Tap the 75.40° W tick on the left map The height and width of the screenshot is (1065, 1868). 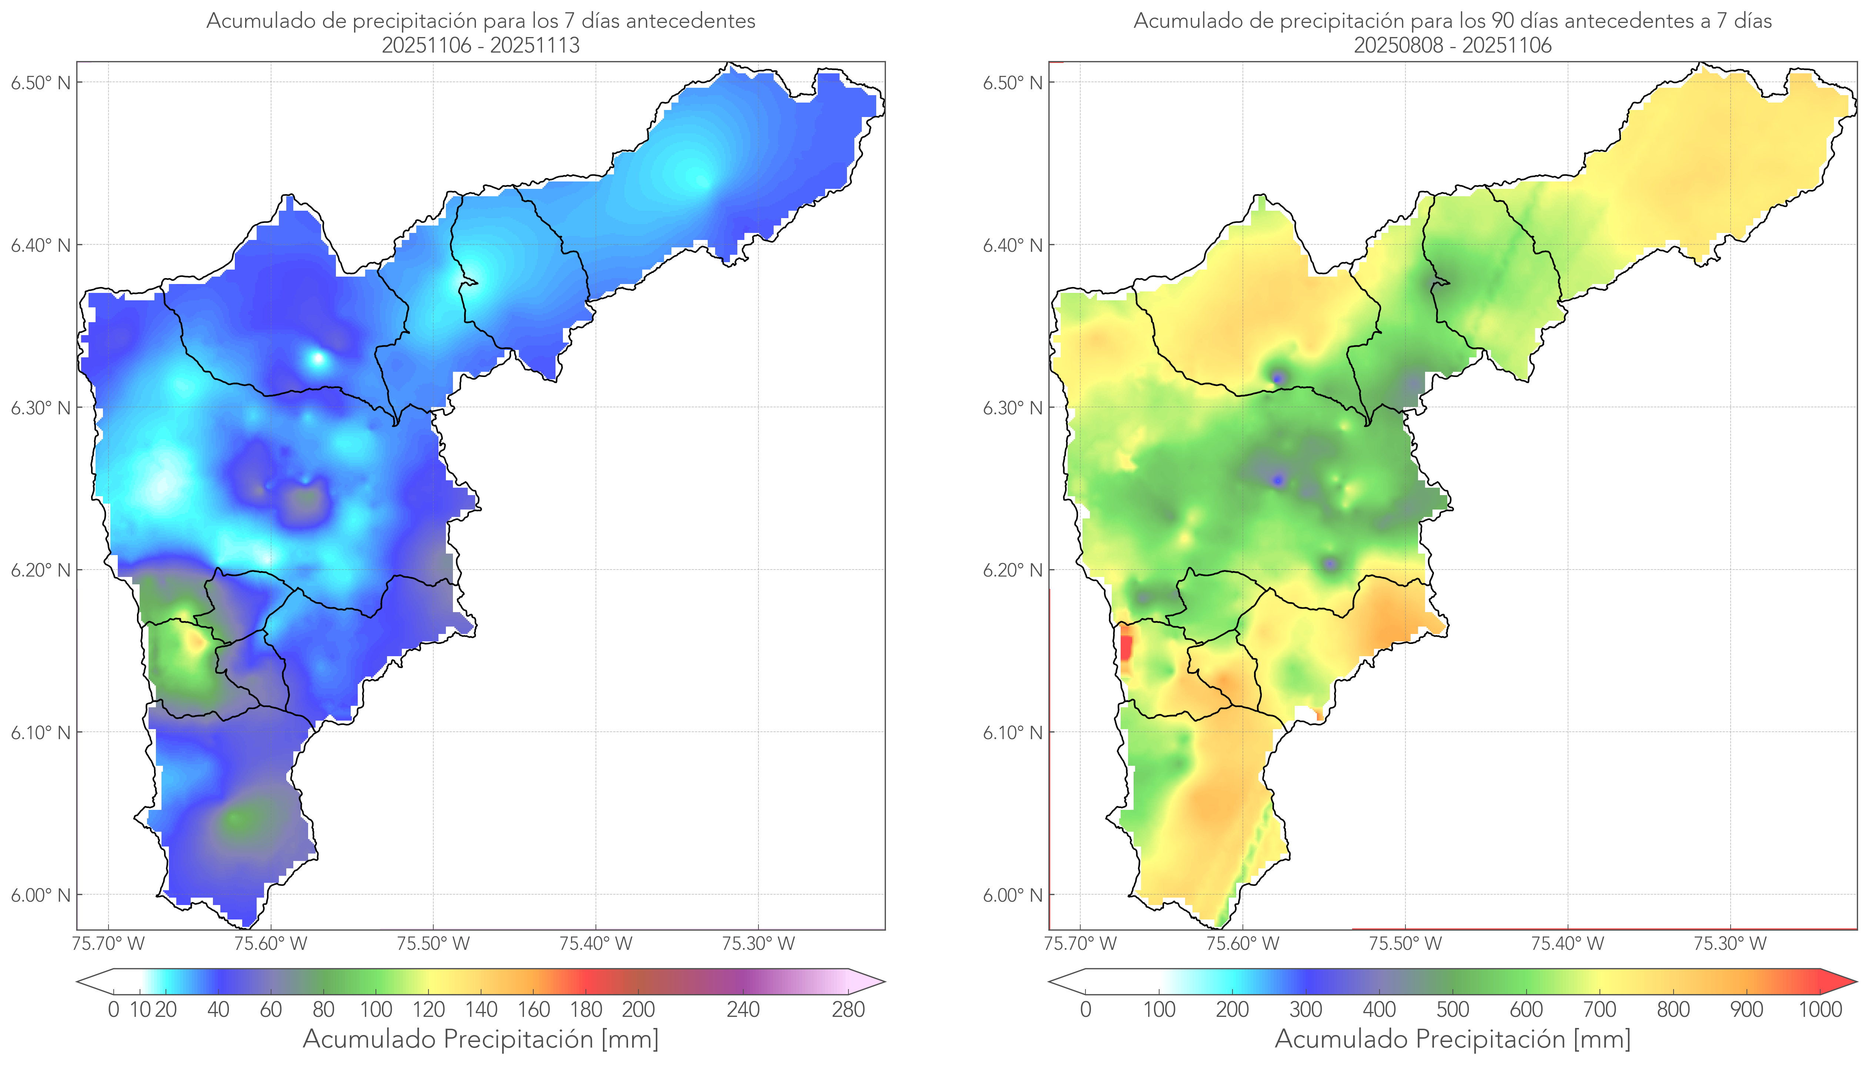596,944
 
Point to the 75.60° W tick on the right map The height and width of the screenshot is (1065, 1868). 1242,944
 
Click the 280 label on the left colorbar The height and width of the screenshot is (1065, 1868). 848,1009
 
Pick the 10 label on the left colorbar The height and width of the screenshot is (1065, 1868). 140,1009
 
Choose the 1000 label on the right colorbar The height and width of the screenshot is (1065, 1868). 1820,1009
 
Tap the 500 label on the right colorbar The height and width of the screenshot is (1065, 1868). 1452,1009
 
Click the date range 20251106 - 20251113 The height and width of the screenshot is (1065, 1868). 481,45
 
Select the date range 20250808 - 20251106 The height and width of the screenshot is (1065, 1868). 1452,45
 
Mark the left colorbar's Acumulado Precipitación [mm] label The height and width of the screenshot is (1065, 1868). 481,1039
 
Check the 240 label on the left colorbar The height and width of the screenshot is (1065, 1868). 743,1009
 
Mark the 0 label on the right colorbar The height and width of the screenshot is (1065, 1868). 1085,1009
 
